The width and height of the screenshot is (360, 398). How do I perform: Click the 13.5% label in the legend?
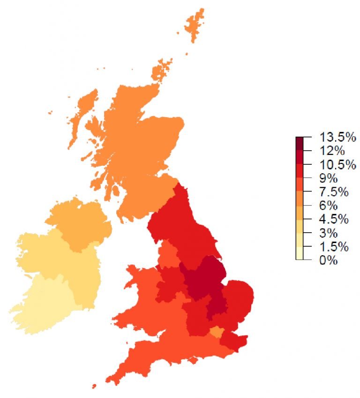click(337, 137)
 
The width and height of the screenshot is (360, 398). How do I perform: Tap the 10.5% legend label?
click(337, 165)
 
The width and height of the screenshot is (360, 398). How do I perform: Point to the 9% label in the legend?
click(329, 178)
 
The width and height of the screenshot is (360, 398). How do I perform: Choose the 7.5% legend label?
click(334, 192)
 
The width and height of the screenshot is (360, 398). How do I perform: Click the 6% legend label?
click(329, 206)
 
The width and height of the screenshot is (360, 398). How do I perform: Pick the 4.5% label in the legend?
click(334, 219)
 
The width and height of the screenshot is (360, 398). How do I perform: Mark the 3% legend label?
click(329, 233)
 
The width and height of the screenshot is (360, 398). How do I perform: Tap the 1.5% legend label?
click(334, 247)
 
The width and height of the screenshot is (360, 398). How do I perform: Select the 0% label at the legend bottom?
click(329, 260)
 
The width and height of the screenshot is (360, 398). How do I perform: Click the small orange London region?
click(216, 332)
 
